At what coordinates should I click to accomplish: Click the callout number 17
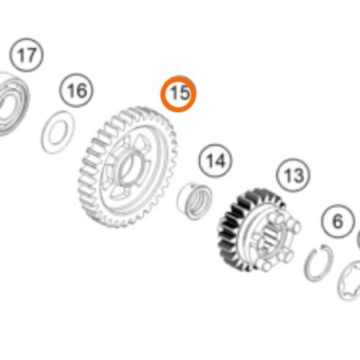tap(27, 55)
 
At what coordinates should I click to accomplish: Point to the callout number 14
tap(216, 161)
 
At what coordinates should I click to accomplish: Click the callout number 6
tap(338, 221)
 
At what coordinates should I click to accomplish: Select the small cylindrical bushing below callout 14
tap(194, 201)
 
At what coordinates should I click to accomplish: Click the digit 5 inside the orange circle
tap(184, 93)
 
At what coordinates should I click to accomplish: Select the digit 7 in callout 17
tap(31, 55)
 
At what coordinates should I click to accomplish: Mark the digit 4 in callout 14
tap(220, 161)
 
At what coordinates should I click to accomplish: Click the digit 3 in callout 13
tap(299, 176)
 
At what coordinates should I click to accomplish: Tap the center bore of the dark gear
tap(269, 238)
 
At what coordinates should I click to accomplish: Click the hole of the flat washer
tap(58, 132)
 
